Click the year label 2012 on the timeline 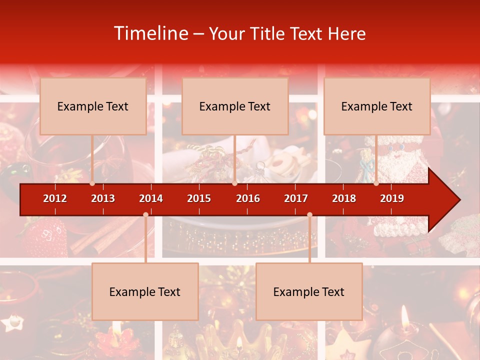click(55, 198)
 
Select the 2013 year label click(103, 198)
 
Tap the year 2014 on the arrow click(151, 198)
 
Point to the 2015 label click(199, 198)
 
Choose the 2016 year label click(248, 198)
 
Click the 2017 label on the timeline click(296, 198)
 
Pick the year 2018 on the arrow click(344, 198)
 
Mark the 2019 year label click(392, 198)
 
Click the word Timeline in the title click(151, 33)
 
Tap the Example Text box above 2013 click(93, 106)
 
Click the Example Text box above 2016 click(235, 106)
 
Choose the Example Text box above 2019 click(377, 106)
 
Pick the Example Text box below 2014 click(145, 291)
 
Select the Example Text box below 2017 click(309, 291)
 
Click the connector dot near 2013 click(92, 183)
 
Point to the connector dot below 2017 click(309, 215)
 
